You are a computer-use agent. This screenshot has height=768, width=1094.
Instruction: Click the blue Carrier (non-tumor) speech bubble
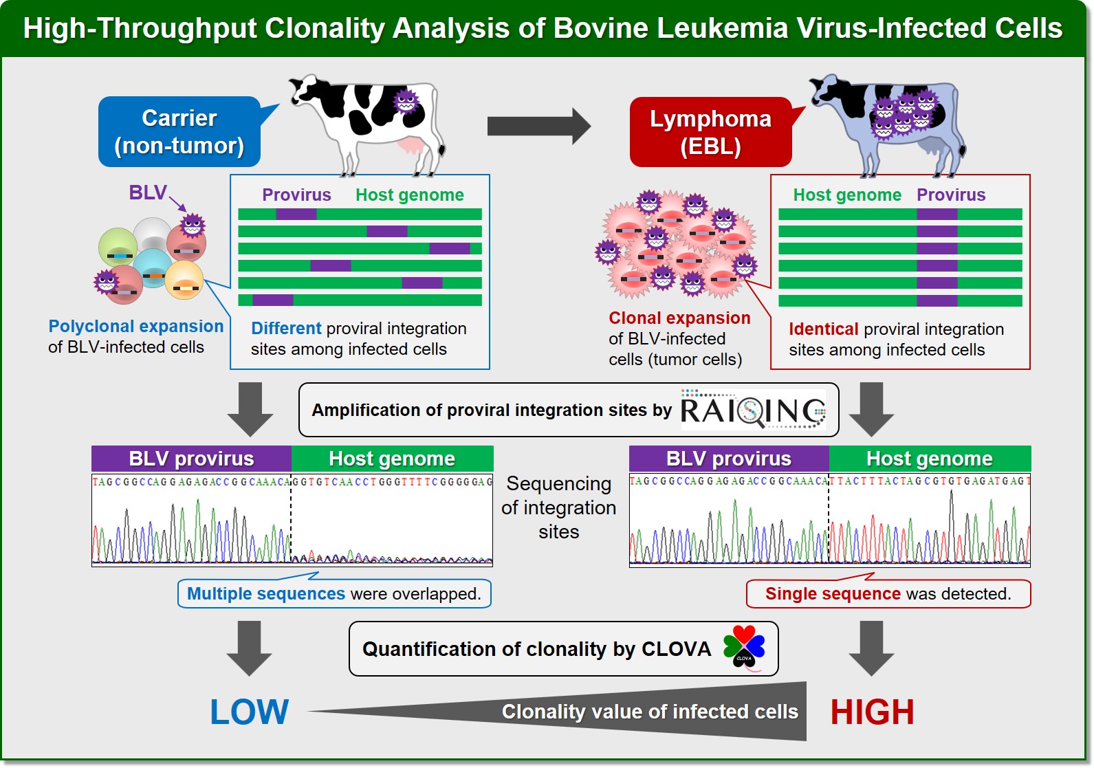[179, 131]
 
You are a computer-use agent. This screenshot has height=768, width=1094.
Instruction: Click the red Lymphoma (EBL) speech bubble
[710, 132]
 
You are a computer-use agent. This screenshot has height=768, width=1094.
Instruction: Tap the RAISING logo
[753, 410]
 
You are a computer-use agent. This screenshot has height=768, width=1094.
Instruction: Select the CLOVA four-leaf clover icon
[744, 648]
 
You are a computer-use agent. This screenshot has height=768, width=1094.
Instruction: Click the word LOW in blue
[249, 712]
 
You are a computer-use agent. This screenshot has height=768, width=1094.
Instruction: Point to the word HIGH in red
[873, 712]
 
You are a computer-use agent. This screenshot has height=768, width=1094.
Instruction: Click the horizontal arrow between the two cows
[538, 127]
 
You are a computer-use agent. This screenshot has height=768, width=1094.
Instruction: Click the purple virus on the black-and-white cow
[406, 102]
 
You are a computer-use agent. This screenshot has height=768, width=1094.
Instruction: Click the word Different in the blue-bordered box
[286, 329]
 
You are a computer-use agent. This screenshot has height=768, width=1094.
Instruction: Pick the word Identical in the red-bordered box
[824, 329]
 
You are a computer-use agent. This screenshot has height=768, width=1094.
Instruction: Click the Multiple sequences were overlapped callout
[335, 593]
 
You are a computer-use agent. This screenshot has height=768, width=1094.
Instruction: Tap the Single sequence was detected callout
[888, 593]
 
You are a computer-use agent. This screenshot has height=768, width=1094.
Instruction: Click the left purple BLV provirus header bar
[191, 459]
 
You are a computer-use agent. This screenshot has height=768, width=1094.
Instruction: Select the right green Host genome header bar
[930, 459]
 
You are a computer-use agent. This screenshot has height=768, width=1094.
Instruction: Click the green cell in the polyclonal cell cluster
[117, 247]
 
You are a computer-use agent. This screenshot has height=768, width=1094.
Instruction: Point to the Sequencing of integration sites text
[559, 508]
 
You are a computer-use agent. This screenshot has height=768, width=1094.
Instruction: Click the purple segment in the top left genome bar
[296, 214]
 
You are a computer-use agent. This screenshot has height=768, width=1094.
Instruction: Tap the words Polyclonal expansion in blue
[135, 326]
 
